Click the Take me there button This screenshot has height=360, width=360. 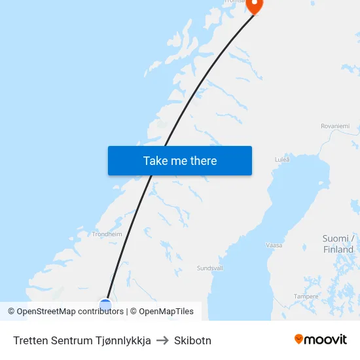pyautogui.click(x=180, y=161)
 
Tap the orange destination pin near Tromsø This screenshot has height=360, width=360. pyautogui.click(x=254, y=5)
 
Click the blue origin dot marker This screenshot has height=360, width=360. pyautogui.click(x=105, y=304)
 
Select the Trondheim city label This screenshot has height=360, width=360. pyautogui.click(x=107, y=234)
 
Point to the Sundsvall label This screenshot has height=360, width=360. pyautogui.click(x=211, y=268)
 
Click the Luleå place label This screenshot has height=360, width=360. pyautogui.click(x=282, y=159)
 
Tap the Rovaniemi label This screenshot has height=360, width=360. pyautogui.click(x=335, y=126)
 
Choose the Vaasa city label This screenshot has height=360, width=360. pyautogui.click(x=274, y=245)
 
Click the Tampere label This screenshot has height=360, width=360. pyautogui.click(x=306, y=297)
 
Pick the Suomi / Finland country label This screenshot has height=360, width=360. pyautogui.click(x=338, y=244)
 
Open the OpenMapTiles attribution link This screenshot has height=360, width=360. pyautogui.click(x=166, y=312)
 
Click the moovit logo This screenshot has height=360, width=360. pyautogui.click(x=321, y=340)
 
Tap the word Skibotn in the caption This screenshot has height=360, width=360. pyautogui.click(x=192, y=340)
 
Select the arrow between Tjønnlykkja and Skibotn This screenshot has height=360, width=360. pyautogui.click(x=162, y=340)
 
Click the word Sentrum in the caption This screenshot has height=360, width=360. pyautogui.click(x=69, y=340)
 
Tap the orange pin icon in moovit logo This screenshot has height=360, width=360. pyautogui.click(x=299, y=339)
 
